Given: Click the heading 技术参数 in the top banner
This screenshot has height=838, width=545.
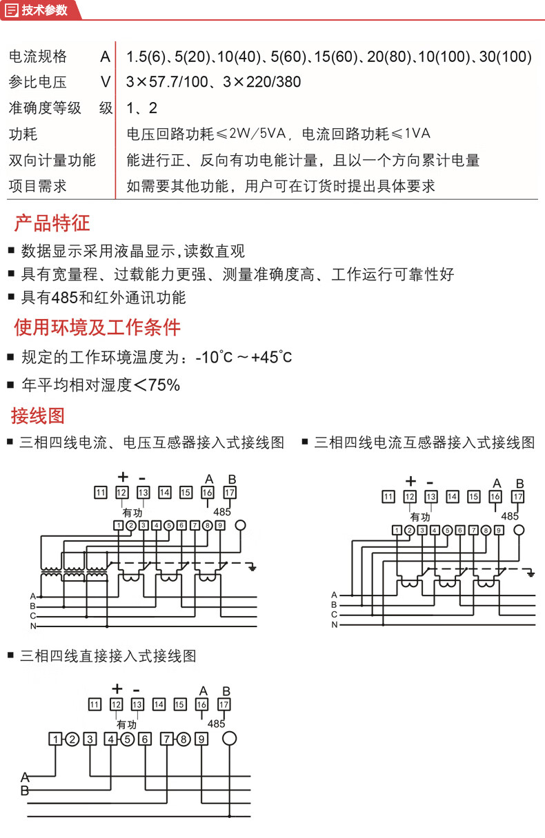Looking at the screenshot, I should click(x=45, y=10).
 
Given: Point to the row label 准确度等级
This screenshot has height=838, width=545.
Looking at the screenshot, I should click(x=45, y=108).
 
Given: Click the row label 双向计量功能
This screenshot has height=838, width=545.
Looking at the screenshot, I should click(x=52, y=161).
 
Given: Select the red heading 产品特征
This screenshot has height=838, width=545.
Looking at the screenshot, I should click(x=52, y=223).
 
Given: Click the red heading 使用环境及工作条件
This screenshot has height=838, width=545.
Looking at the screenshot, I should click(x=97, y=327).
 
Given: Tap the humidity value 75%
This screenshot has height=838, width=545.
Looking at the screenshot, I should click(x=164, y=385).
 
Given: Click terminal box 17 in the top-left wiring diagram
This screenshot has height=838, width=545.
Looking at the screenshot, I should click(x=230, y=492).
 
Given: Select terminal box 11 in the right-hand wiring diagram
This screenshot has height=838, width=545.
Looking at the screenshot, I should click(x=388, y=496).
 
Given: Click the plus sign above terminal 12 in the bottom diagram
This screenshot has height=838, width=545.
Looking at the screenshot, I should click(x=117, y=688).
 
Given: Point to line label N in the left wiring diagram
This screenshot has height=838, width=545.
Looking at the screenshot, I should click(x=32, y=626).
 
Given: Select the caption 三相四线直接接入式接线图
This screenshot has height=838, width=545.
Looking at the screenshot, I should click(x=109, y=655).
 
